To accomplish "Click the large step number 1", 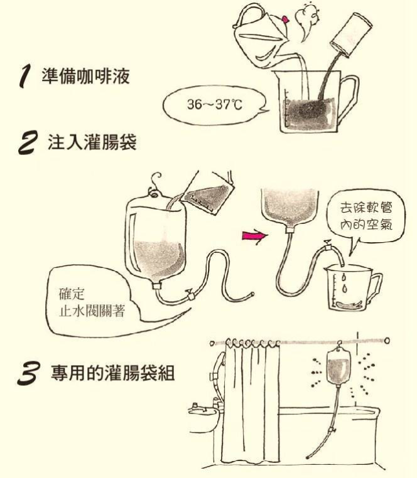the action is [25, 77].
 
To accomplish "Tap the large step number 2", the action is [28, 142].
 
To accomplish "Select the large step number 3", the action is [28, 373].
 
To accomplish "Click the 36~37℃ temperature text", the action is [215, 105].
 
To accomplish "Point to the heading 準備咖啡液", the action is [86, 76].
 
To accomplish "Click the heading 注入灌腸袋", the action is [92, 142].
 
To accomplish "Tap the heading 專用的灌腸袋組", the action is [112, 373].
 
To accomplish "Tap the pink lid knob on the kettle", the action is [286, 19].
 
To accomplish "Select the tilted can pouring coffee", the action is [351, 35].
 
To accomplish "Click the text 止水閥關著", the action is [92, 311].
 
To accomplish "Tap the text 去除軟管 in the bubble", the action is [366, 208].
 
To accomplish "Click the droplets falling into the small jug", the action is [344, 284].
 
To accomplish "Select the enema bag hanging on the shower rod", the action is [338, 367].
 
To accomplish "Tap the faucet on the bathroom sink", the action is [195, 407].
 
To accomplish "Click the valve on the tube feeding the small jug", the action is [327, 245].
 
